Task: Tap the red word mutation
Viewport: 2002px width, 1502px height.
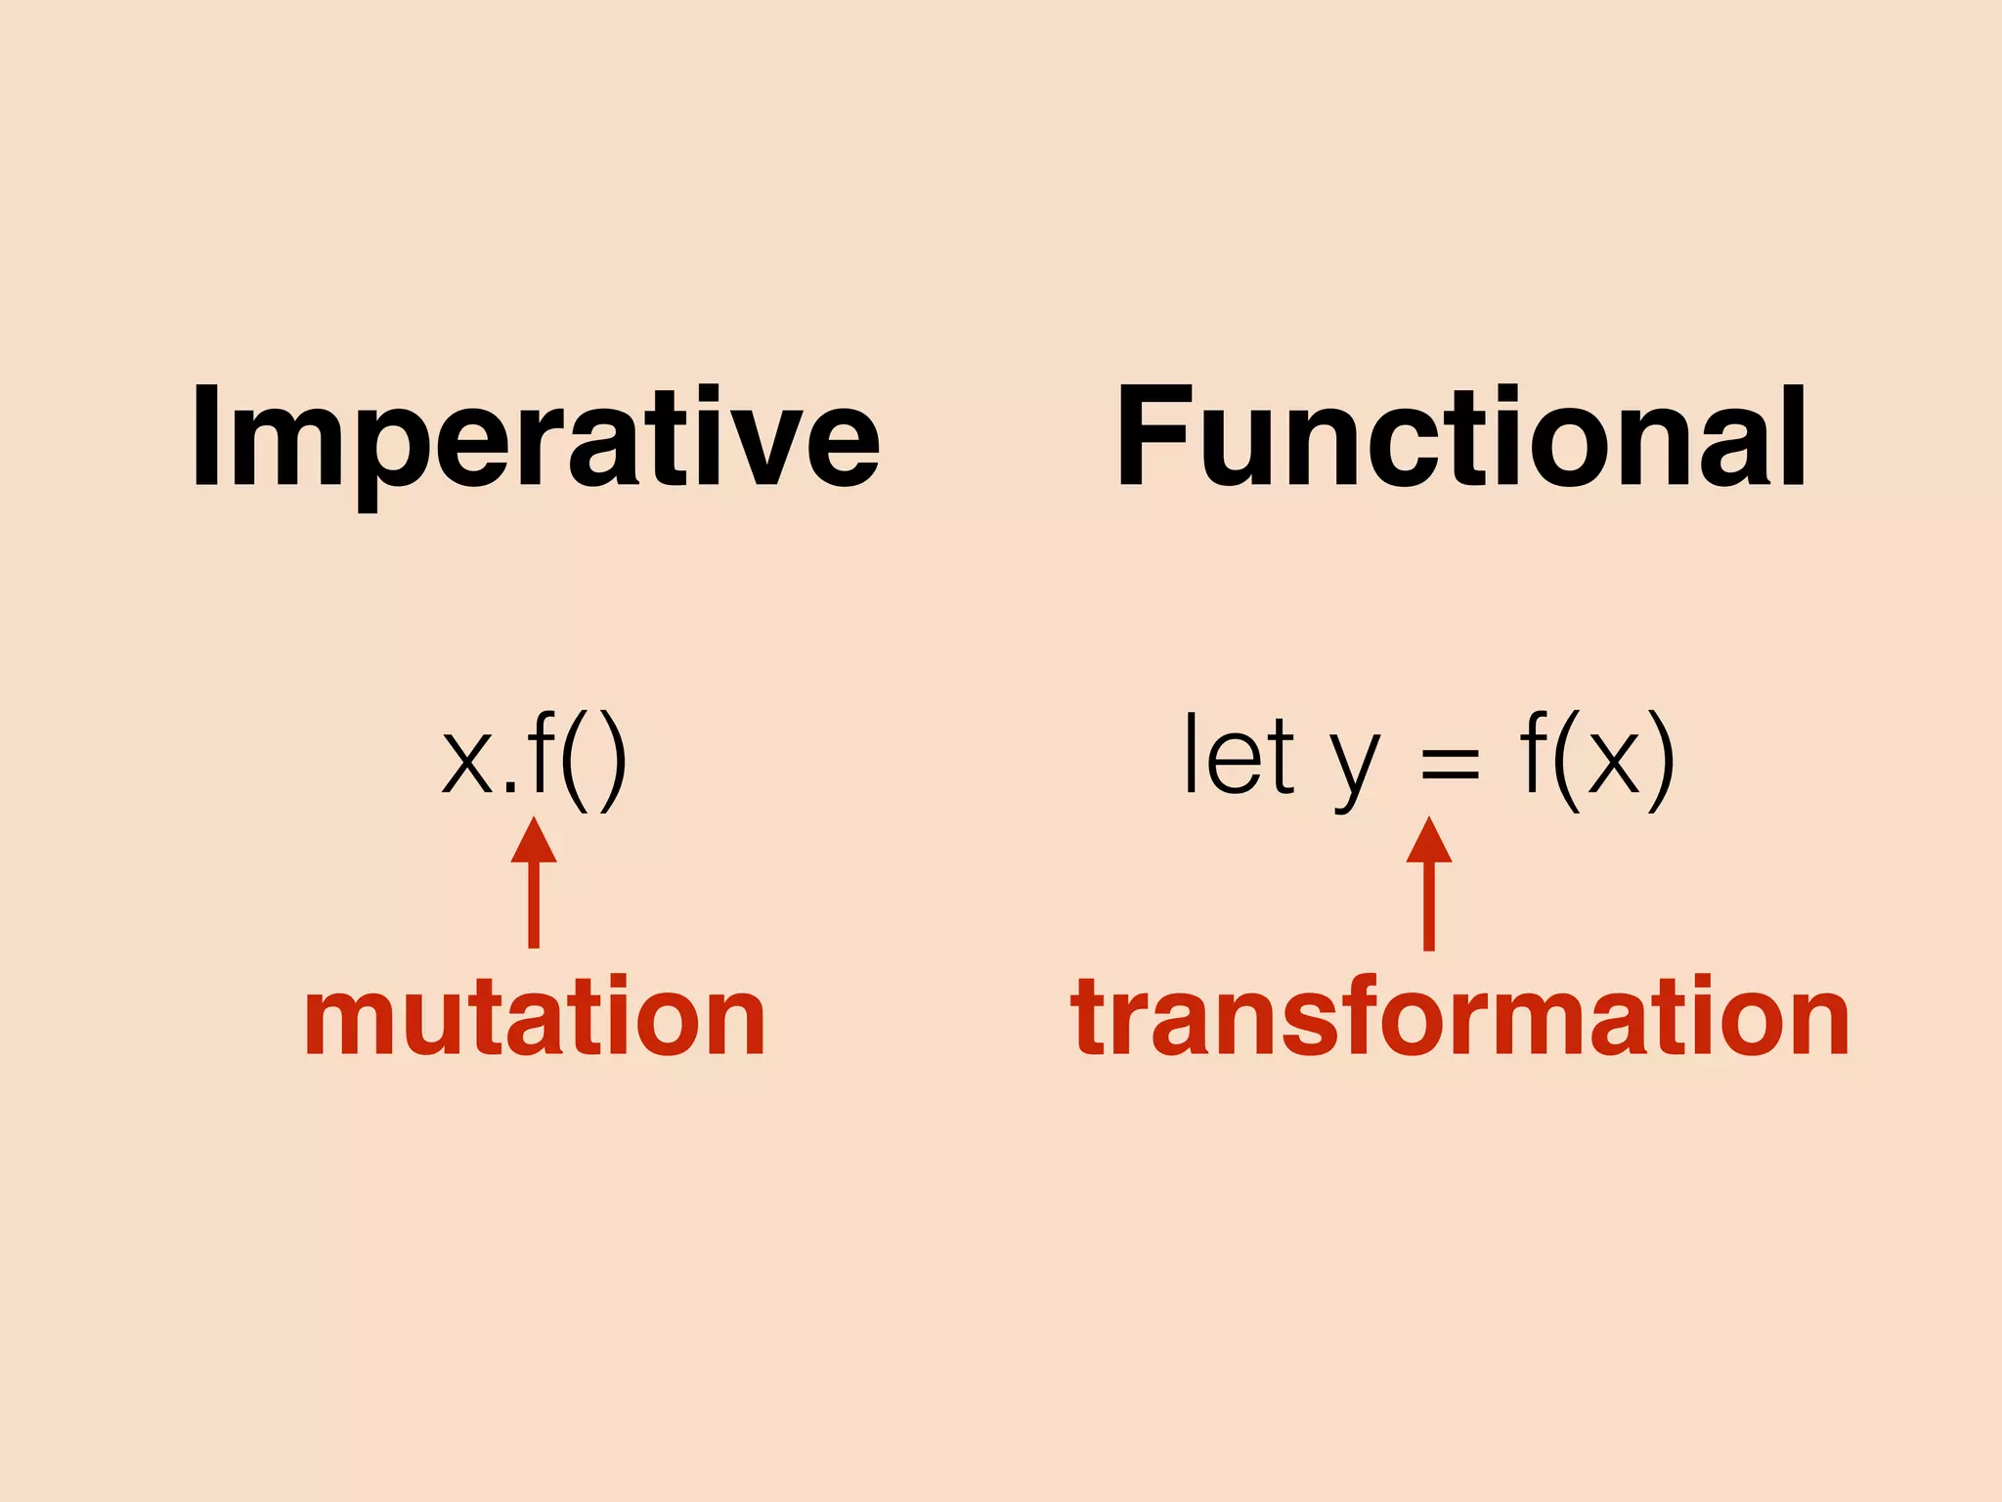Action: point(535,1018)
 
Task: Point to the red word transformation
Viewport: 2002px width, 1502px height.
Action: point(1459,1018)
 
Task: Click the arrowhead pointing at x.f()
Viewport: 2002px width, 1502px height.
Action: point(534,842)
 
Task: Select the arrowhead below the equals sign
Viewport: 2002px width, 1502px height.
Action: point(1428,842)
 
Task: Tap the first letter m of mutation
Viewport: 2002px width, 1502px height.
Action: point(341,1022)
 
